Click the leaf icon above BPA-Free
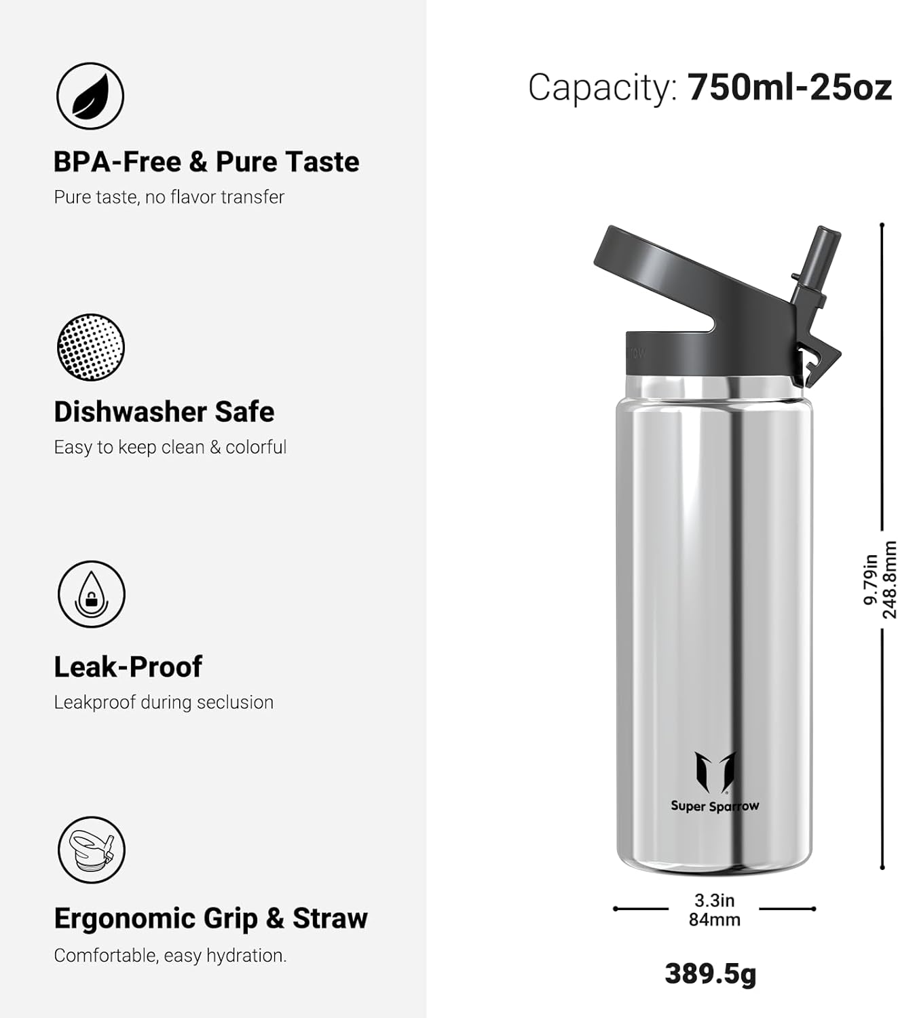tap(90, 96)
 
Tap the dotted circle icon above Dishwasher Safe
tap(90, 347)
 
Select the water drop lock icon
tap(92, 594)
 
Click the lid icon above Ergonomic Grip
tap(92, 850)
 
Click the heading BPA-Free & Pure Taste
tap(206, 162)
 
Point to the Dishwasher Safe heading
tap(164, 411)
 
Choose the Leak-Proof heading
tap(128, 666)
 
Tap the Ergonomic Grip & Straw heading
tap(210, 918)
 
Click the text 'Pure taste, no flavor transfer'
tap(169, 197)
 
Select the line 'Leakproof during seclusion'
tap(164, 702)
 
